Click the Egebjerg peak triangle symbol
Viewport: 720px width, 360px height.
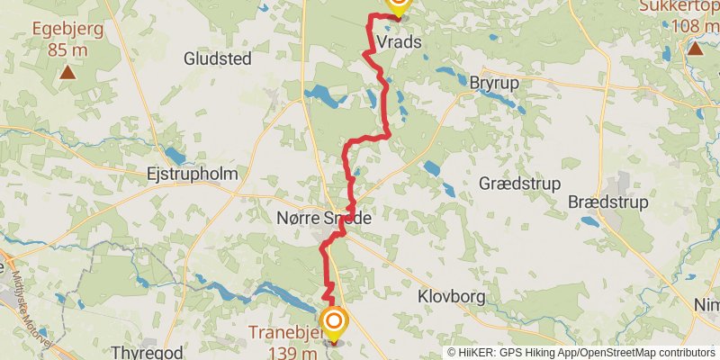click(67, 70)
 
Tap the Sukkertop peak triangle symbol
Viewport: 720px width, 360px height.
click(695, 48)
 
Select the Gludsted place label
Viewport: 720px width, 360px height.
click(217, 58)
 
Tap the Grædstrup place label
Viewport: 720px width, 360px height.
click(519, 183)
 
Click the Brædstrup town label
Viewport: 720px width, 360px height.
click(607, 202)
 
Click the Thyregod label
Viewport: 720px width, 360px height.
click(140, 351)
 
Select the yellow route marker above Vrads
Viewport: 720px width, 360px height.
click(397, 5)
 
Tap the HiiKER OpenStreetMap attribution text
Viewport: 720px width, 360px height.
click(581, 352)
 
